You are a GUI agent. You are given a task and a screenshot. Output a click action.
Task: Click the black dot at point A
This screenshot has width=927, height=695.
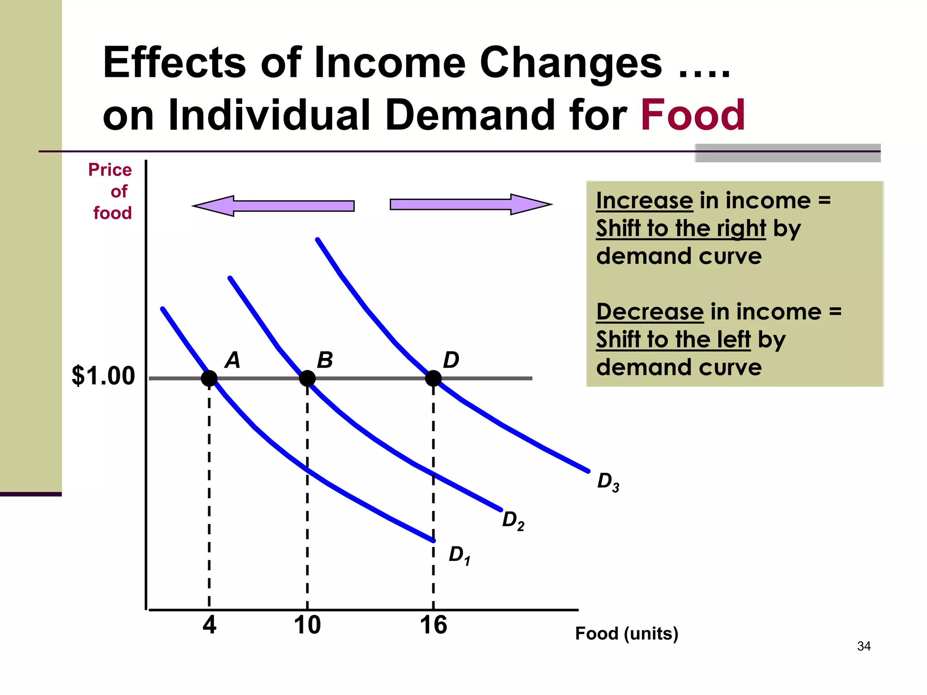[x=209, y=378]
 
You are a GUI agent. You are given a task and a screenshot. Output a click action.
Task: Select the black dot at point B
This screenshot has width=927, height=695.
[x=307, y=378]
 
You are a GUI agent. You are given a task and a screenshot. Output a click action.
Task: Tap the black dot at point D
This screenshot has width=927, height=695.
[x=433, y=378]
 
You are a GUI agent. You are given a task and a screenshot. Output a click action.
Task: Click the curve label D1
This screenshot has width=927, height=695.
[x=459, y=555]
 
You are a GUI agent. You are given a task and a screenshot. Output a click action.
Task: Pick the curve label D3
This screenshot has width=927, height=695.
[x=608, y=482]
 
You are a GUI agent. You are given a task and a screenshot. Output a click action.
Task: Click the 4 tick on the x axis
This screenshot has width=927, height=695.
[x=209, y=625]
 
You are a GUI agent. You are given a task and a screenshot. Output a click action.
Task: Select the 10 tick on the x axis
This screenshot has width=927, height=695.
[x=307, y=625]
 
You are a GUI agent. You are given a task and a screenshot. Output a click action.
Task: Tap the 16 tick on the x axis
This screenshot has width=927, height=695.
[x=433, y=625]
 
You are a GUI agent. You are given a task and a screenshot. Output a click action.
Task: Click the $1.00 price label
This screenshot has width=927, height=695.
[x=103, y=376]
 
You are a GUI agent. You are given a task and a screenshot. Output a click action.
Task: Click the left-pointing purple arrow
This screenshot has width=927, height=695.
[x=273, y=206]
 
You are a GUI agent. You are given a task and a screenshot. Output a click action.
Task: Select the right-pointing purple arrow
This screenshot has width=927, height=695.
[x=471, y=205]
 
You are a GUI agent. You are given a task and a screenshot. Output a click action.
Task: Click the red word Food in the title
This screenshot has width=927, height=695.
[x=693, y=115]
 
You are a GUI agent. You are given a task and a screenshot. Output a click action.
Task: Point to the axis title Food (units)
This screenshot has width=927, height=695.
[x=626, y=633]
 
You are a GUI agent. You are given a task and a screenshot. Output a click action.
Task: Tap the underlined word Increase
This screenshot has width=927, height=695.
[x=644, y=200]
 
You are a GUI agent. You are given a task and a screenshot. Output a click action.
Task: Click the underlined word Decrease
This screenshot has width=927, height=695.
[x=650, y=312]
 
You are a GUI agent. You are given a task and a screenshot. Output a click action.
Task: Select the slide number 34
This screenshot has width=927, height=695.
[x=864, y=646]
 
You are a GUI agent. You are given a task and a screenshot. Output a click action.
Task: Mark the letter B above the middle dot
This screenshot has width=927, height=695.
[x=325, y=360]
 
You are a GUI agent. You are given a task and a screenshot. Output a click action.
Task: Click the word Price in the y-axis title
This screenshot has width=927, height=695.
[x=110, y=170]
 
